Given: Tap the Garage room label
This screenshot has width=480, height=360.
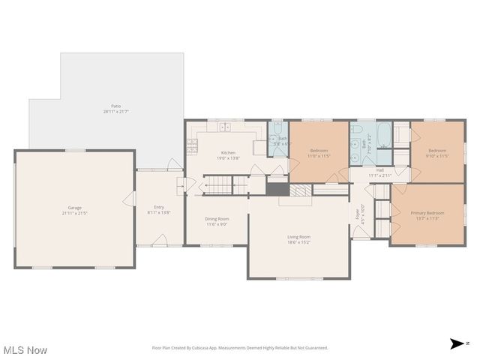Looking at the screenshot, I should coord(75,208).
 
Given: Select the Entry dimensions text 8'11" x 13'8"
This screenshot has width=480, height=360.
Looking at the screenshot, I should coord(159,212).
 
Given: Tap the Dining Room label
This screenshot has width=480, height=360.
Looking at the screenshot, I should coord(216,219).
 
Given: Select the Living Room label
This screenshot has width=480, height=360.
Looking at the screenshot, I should coord(298,237).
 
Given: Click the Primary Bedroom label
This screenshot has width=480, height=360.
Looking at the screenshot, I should coord(428,213).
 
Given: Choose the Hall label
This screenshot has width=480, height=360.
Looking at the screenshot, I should coord(380,170).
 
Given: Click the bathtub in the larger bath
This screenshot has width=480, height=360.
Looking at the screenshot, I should coord(383,136).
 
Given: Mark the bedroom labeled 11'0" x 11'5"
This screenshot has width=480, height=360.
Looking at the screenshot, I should coord(319,153).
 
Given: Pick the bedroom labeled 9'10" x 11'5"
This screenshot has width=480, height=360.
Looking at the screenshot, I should coord(436,153).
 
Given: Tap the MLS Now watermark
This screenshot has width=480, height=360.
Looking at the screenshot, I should coord(25,350).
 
